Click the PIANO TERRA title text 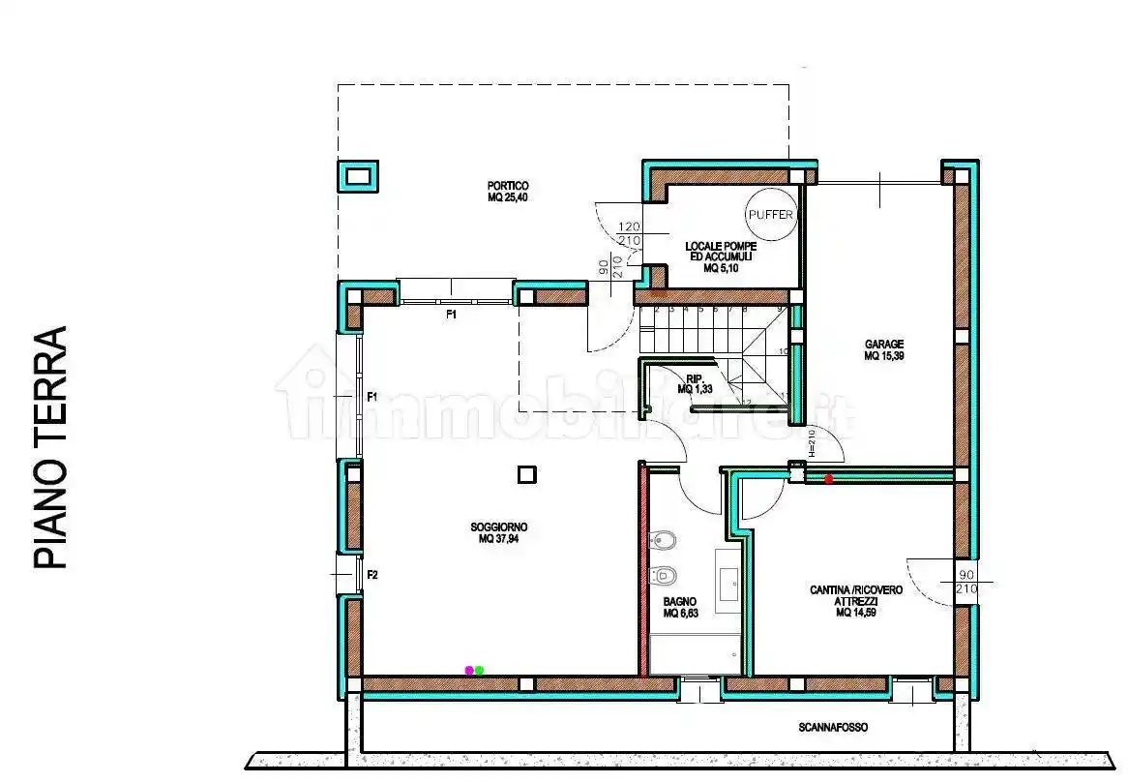(50, 447)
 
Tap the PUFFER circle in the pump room (771, 215)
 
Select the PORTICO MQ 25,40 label (508, 192)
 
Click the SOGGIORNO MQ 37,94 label (498, 533)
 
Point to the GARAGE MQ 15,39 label (884, 349)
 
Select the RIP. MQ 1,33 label (693, 384)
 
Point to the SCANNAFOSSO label (834, 727)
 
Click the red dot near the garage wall (828, 478)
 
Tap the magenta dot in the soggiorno (469, 670)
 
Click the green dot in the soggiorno (479, 670)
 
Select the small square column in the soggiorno (526, 474)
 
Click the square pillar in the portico (359, 176)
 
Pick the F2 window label (371, 575)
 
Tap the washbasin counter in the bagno (727, 581)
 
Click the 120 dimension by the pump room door (629, 226)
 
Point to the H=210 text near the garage (813, 443)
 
